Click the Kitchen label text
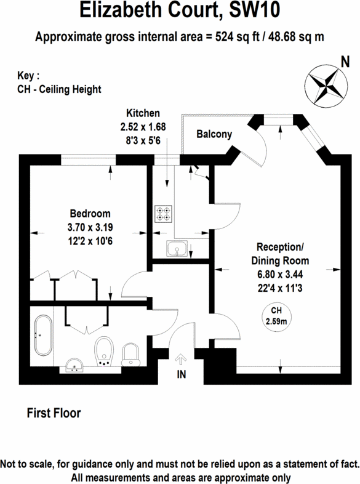point(143,113)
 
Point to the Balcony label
point(214,134)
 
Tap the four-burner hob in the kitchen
point(164,212)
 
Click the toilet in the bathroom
point(131,355)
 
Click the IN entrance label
point(181,373)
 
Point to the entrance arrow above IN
point(181,358)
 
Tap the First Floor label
point(54,413)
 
